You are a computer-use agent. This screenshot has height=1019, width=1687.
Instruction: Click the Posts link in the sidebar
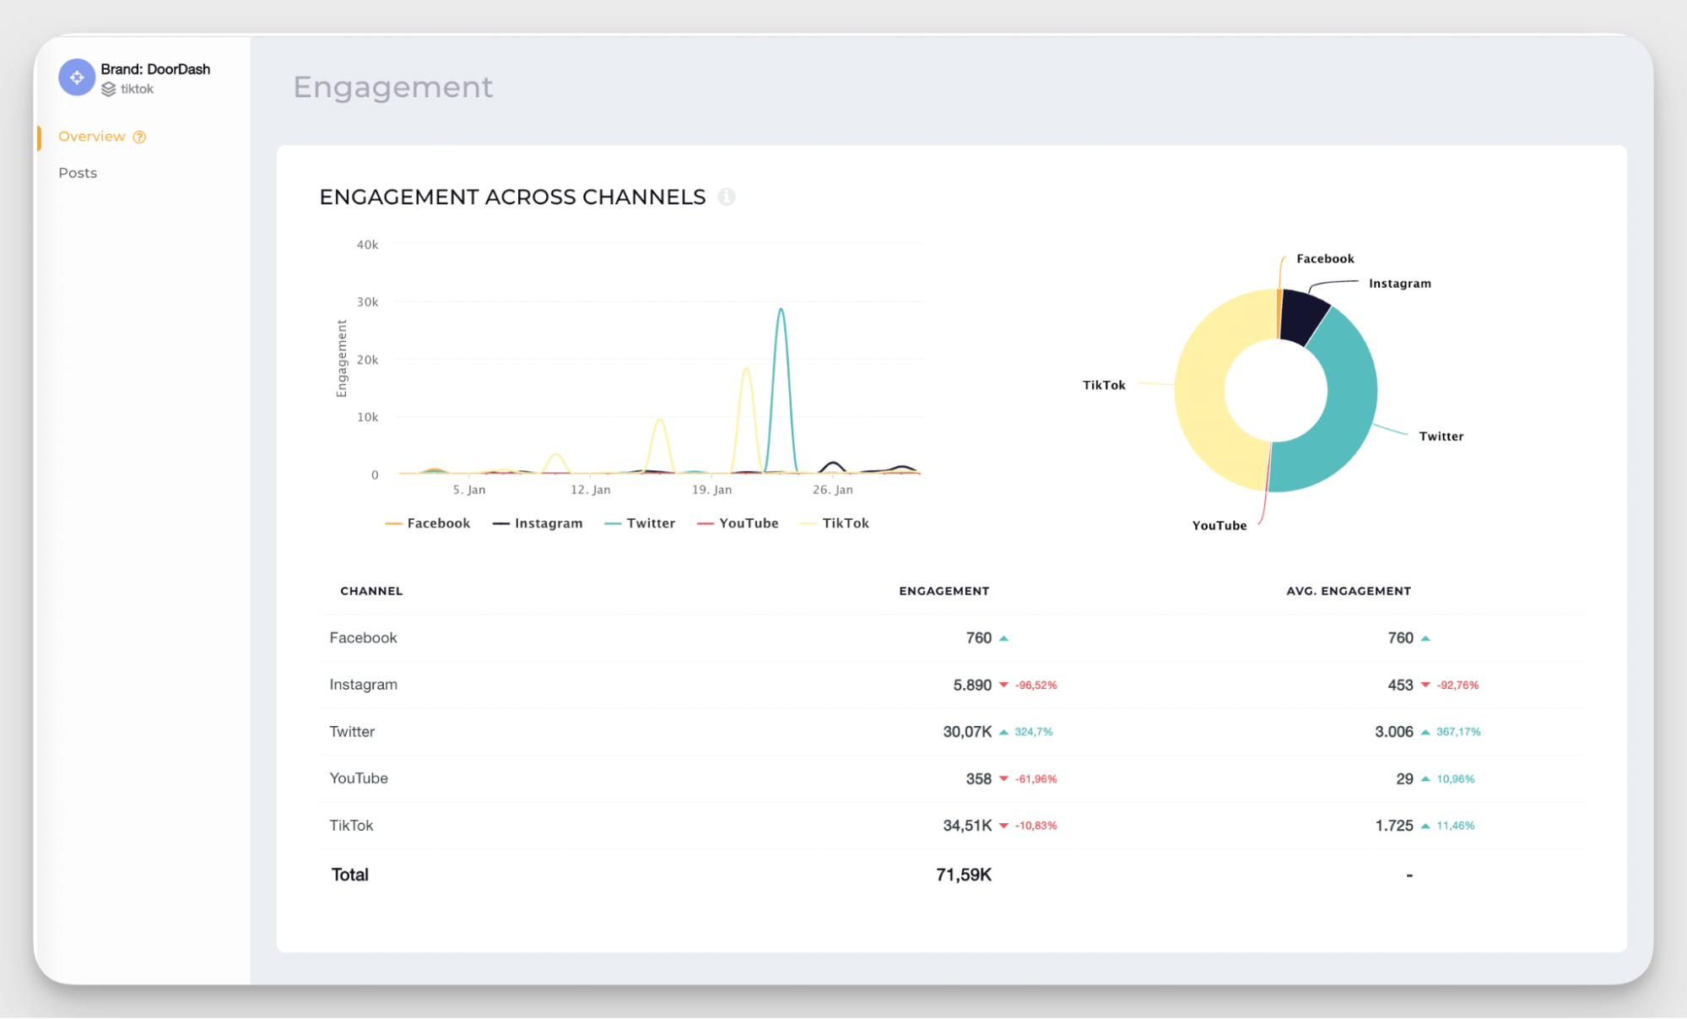(78, 173)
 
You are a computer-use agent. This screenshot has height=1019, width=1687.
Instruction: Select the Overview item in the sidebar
(92, 137)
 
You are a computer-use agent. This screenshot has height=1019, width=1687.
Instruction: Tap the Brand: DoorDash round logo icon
(77, 78)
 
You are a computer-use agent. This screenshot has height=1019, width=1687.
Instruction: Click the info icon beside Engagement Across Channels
(727, 197)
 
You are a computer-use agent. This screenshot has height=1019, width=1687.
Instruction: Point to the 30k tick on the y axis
(367, 302)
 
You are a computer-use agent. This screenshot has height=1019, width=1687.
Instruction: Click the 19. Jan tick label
(711, 490)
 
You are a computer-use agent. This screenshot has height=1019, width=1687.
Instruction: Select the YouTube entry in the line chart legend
(748, 523)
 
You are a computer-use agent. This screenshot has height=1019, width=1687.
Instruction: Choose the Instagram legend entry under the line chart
(548, 523)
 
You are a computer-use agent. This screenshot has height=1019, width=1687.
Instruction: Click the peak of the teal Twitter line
(781, 310)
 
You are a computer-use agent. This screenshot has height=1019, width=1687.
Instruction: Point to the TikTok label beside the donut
(1104, 385)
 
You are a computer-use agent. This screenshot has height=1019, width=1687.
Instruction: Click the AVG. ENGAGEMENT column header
(1348, 591)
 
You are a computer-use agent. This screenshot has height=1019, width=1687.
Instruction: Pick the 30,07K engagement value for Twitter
(967, 732)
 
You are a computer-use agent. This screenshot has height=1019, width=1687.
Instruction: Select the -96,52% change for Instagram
(1035, 686)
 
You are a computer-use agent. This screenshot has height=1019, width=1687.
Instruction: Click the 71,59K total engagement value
(963, 875)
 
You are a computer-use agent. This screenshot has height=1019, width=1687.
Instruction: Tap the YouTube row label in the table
(359, 778)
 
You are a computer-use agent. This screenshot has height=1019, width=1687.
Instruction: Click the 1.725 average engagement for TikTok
(1393, 826)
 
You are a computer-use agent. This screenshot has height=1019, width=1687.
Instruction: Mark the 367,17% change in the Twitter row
(1458, 732)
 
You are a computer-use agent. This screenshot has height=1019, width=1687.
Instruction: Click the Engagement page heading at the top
(392, 87)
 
